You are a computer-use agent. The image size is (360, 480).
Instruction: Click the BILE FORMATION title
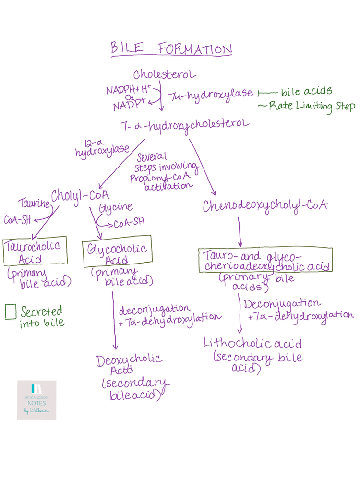pyautogui.click(x=171, y=49)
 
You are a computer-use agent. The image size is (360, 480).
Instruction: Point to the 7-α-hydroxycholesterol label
pyautogui.click(x=186, y=126)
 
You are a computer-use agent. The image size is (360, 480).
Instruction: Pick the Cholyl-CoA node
pyautogui.click(x=80, y=196)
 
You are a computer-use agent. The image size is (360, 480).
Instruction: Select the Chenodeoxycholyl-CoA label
pyautogui.click(x=265, y=206)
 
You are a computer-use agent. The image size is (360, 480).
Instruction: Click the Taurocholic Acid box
pyautogui.click(x=33, y=252)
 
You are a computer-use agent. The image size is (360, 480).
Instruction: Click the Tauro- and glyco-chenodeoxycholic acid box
pyautogui.click(x=265, y=260)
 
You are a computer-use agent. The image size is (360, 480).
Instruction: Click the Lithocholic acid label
pyautogui.click(x=252, y=344)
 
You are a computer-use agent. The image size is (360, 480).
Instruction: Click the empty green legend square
pyautogui.click(x=11, y=312)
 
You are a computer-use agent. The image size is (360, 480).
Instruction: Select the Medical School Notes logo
pyautogui.click(x=36, y=400)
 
